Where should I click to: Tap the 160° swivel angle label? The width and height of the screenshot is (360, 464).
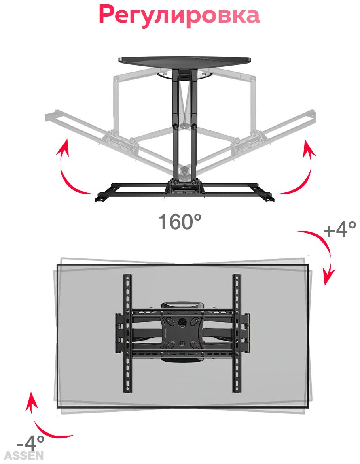point(180,221)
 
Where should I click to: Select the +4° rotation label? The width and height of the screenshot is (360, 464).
point(340,229)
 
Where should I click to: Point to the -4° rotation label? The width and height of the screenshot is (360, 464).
point(31,443)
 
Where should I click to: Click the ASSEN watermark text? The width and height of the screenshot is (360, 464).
point(24,455)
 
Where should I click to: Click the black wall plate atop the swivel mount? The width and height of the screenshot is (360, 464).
point(185,64)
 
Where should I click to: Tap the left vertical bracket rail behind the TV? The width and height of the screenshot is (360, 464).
point(127,333)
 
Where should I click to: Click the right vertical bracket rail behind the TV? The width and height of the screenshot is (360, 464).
point(237,333)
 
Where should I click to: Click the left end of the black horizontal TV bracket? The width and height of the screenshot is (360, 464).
point(100,197)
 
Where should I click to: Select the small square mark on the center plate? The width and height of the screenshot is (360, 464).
point(182,344)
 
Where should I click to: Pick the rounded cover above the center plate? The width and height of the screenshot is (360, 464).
point(183,305)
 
